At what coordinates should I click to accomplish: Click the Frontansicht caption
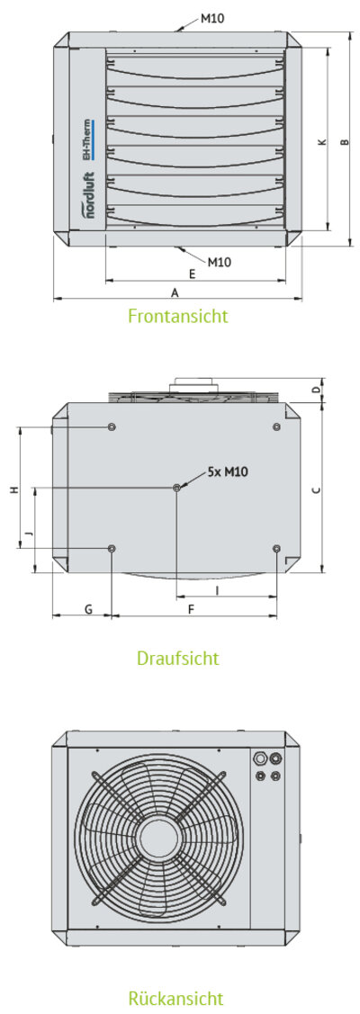tap(177, 316)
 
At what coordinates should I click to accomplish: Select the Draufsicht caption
tap(177, 658)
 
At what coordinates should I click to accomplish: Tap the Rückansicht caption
tap(175, 997)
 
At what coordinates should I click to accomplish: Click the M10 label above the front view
tap(212, 18)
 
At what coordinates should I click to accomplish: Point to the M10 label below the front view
tap(220, 262)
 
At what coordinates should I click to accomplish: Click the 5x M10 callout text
tap(229, 471)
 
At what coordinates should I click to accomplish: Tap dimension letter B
tap(345, 141)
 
